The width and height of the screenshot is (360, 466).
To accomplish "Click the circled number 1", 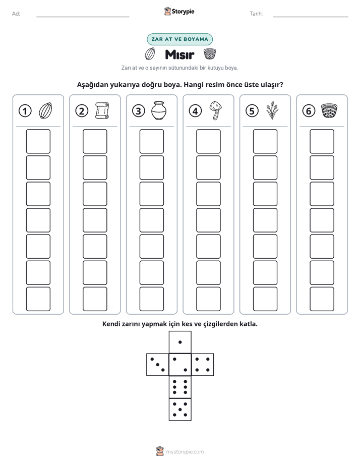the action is pyautogui.click(x=25, y=111).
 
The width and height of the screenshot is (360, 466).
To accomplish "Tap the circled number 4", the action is pyautogui.click(x=195, y=111).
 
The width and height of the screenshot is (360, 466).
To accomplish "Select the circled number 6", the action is pyautogui.click(x=309, y=111).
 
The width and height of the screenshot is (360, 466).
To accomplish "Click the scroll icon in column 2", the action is pyautogui.click(x=102, y=110).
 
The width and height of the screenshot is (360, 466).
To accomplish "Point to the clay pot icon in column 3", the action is pyautogui.click(x=159, y=110).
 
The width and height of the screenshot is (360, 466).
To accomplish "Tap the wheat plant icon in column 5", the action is pyautogui.click(x=272, y=110).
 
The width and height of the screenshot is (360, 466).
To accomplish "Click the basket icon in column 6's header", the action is pyautogui.click(x=329, y=110).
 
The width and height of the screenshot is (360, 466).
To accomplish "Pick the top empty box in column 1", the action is pyautogui.click(x=38, y=141).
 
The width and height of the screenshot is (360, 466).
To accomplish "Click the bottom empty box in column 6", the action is pyautogui.click(x=322, y=299).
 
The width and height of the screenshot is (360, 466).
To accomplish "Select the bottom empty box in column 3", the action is pyautogui.click(x=151, y=299).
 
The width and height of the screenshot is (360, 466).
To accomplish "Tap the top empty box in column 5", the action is pyautogui.click(x=265, y=141).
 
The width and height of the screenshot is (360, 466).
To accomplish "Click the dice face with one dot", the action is pyautogui.click(x=180, y=342).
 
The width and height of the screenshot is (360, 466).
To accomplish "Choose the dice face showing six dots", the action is pyautogui.click(x=180, y=387).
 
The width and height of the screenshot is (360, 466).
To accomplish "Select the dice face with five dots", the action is pyautogui.click(x=180, y=410).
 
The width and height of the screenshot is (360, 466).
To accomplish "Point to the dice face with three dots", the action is pyautogui.click(x=158, y=365).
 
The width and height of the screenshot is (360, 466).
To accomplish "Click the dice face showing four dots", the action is pyautogui.click(x=203, y=365).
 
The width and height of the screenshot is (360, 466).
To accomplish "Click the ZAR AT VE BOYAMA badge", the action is pyautogui.click(x=179, y=39).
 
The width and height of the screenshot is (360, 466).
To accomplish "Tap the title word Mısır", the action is pyautogui.click(x=179, y=54).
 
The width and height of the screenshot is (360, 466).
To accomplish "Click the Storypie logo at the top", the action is pyautogui.click(x=179, y=12).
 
